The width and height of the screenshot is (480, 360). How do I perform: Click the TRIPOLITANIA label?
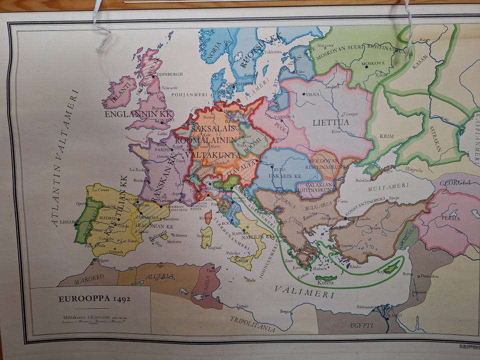pos(252,324)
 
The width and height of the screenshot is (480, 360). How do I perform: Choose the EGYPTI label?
pos(361,325)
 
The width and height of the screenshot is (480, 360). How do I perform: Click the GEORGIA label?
pos(455,181)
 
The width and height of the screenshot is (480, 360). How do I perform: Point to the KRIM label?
pos(387,136)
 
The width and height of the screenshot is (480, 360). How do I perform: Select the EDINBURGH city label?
pos(169,74)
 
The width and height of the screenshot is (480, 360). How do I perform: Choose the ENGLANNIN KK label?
pos(138,114)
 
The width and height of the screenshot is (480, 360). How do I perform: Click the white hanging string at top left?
pos(100,27)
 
